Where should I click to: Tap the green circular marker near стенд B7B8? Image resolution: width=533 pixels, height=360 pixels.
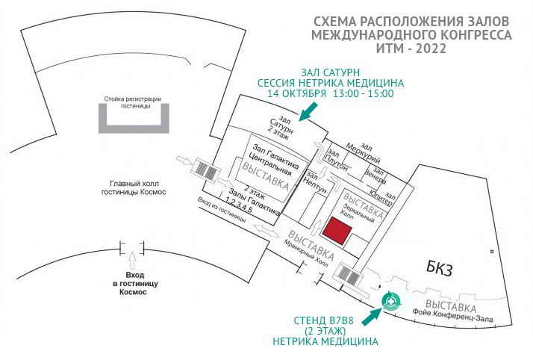(x=390, y=301)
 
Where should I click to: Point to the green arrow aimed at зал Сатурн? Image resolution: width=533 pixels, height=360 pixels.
(x=306, y=112)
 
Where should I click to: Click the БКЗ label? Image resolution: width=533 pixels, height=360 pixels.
(x=441, y=267)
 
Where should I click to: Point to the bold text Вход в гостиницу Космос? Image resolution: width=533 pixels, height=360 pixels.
(x=131, y=285)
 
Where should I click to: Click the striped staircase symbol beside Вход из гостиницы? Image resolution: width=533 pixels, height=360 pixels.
(x=205, y=170)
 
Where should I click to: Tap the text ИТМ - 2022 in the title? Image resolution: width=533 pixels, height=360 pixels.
(x=412, y=49)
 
